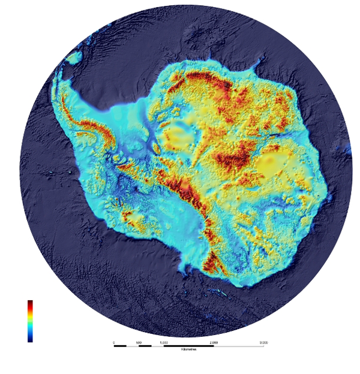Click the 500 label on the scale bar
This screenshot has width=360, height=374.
coord(139,342)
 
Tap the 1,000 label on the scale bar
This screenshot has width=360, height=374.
coord(163,342)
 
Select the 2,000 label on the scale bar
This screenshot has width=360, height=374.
coord(214,342)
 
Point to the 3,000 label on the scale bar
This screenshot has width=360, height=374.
coord(263,342)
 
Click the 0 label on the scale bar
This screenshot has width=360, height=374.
coord(114,342)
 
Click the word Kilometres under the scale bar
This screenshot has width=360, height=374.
coord(189,350)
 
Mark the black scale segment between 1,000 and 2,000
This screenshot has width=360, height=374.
coord(188,346)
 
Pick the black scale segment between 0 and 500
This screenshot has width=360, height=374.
coord(120,346)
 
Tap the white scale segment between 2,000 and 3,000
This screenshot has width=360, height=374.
coord(239,346)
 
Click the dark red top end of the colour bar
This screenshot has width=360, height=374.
coord(30,303)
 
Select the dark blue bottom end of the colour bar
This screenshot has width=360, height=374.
coord(30,339)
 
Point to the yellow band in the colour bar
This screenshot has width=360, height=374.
coord(30,316)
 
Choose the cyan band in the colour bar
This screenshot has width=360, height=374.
coord(30,327)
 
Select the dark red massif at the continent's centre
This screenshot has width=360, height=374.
coord(234,157)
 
